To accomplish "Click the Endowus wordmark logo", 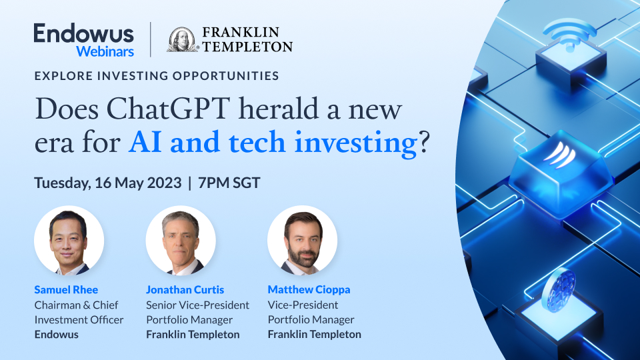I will coord(83,33).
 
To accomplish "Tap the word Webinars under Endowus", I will coord(105,51).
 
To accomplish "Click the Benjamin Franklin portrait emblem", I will coord(182,40).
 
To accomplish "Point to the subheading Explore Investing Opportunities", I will coord(157,76).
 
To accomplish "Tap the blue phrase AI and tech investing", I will coord(272,143).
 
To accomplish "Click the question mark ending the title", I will coord(424,143).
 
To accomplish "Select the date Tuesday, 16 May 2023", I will coord(107,183).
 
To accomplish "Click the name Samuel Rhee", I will coord(66,289).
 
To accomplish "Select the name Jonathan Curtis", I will coord(185,289).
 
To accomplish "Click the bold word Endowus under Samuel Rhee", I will coord(56,335).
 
